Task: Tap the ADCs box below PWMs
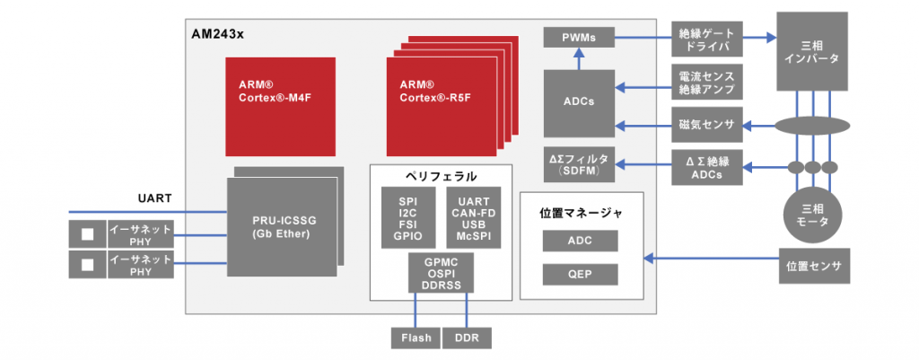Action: [579, 101]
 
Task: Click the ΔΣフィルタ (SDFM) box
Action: [579, 164]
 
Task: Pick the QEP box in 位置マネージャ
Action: [580, 274]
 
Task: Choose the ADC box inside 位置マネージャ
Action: [580, 241]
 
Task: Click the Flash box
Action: [416, 338]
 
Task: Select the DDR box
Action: [467, 338]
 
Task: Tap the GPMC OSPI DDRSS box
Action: [441, 273]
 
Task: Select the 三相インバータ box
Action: [811, 51]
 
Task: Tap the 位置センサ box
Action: [812, 267]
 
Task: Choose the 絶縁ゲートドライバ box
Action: [707, 38]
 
